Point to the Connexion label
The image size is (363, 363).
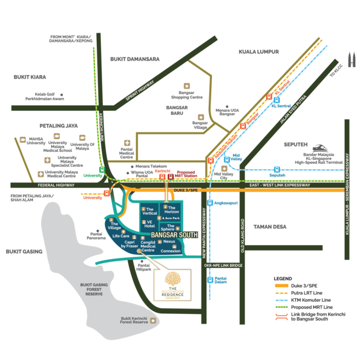[171, 250]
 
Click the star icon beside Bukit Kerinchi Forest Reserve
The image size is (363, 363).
[152, 320]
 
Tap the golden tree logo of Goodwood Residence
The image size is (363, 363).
[172, 281]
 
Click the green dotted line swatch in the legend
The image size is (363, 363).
[281, 307]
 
